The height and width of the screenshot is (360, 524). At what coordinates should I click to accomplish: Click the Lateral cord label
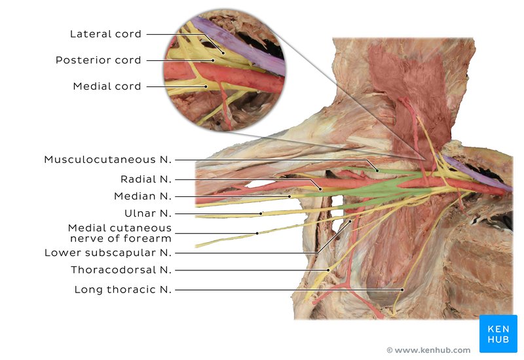pyautogui.click(x=105, y=34)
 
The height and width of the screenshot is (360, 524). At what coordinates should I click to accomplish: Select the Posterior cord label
pyautogui.click(x=98, y=60)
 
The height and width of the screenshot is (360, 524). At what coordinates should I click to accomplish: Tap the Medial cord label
pyautogui.click(x=107, y=86)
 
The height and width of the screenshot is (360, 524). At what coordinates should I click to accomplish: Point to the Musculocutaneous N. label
pyautogui.click(x=107, y=160)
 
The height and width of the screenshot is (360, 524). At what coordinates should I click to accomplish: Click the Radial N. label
pyautogui.click(x=145, y=179)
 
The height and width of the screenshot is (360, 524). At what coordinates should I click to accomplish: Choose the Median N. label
pyautogui.click(x=142, y=196)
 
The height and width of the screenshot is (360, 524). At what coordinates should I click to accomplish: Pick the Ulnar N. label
pyautogui.click(x=147, y=213)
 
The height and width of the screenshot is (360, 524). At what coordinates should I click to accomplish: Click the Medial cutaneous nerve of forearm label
pyautogui.click(x=120, y=232)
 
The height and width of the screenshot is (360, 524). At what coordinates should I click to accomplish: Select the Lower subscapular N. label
pyautogui.click(x=107, y=253)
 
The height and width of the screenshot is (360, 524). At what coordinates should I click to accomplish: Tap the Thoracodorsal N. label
pyautogui.click(x=121, y=270)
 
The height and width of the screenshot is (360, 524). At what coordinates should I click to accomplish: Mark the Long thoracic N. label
pyautogui.click(x=122, y=289)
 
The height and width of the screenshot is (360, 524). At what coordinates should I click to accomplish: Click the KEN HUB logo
pyautogui.click(x=498, y=334)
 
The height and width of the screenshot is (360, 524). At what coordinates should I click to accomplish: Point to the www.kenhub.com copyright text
pyautogui.click(x=428, y=350)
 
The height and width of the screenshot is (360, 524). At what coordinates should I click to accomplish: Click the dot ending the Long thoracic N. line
pyautogui.click(x=402, y=289)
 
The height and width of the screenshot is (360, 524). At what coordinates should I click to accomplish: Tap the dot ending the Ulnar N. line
pyautogui.click(x=261, y=213)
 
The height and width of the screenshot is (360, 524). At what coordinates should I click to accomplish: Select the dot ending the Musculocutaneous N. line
pyautogui.click(x=377, y=170)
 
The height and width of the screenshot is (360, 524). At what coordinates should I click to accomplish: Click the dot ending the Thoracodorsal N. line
pyautogui.click(x=328, y=270)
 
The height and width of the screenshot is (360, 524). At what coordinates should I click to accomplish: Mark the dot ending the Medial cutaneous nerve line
pyautogui.click(x=257, y=233)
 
